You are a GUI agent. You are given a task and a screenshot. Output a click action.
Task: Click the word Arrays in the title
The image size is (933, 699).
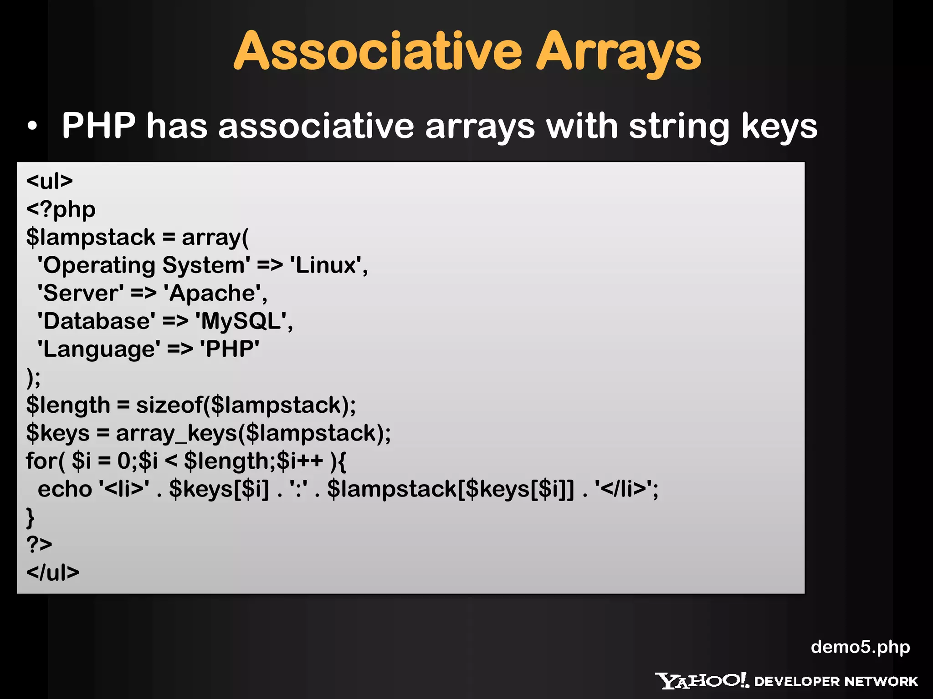(618, 53)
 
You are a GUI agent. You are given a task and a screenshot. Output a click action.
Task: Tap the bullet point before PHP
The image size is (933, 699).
(32, 126)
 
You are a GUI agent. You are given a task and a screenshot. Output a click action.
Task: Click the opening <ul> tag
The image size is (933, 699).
(49, 181)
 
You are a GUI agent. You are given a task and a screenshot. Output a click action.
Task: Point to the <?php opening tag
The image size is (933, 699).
(61, 209)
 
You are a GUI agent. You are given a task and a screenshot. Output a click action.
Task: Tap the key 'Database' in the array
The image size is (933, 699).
(96, 321)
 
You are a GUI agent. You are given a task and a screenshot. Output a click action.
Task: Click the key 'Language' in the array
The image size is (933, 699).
(99, 349)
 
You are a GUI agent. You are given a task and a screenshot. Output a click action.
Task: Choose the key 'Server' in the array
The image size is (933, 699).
(81, 293)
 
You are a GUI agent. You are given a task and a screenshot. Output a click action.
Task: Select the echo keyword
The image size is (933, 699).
(65, 489)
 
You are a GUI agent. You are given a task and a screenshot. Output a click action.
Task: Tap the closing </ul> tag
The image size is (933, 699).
(53, 572)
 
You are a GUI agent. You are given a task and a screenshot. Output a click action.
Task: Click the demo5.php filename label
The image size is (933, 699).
(860, 647)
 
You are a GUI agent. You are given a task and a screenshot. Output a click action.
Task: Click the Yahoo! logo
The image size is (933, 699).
(702, 681)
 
